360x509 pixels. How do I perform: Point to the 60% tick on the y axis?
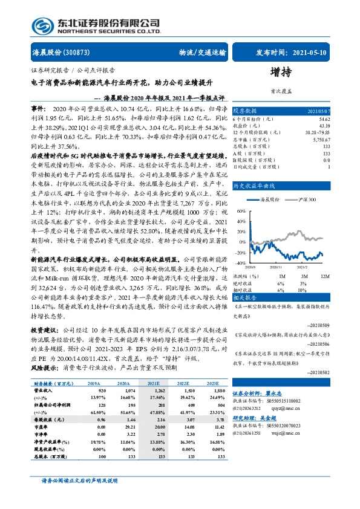(241, 212)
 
